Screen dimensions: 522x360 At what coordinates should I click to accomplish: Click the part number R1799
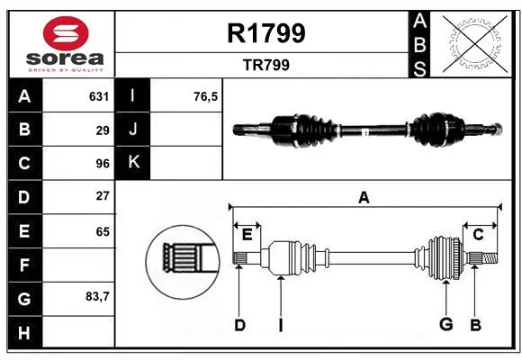(x=266, y=33)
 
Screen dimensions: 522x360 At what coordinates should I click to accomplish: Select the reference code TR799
(x=266, y=65)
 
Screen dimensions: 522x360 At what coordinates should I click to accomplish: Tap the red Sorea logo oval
(x=66, y=33)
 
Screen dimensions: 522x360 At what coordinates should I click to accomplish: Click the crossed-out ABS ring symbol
(x=474, y=44)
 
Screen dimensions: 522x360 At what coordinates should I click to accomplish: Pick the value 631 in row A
(x=99, y=96)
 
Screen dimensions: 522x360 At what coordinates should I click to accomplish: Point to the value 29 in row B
(x=103, y=130)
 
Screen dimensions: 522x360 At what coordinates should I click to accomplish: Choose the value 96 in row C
(x=103, y=164)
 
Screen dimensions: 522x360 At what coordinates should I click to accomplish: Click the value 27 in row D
(x=103, y=196)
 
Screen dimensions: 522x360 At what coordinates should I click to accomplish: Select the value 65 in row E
(x=103, y=231)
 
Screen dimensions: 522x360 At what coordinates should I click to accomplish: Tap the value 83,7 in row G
(x=97, y=296)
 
